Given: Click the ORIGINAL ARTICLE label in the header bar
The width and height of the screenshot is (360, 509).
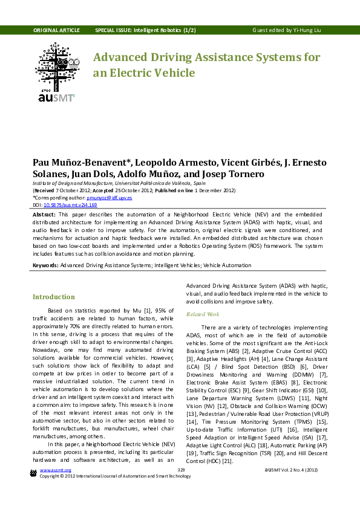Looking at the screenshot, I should point(56,30).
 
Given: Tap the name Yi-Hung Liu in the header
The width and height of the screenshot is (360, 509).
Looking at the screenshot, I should point(308,30).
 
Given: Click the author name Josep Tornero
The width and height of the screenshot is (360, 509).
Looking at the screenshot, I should point(232,174).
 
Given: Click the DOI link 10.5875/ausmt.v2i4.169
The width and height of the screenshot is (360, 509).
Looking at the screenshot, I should point(70,205).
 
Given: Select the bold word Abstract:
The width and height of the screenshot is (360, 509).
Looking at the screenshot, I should point(44,215).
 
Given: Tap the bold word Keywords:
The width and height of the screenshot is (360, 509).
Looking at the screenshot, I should point(45,265).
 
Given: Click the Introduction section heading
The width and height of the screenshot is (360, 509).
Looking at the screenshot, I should point(54,297).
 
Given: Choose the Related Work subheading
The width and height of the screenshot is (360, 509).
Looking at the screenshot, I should point(203,314).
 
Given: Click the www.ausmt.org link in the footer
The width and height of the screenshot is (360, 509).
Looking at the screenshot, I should point(55,470).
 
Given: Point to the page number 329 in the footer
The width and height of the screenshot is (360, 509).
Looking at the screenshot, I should point(180,470).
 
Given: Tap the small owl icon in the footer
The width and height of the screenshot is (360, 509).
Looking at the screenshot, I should point(33,472).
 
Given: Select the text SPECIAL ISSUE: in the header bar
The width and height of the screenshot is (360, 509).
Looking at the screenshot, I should point(113,30).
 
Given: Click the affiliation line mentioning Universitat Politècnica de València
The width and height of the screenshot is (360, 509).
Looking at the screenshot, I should point(119,183).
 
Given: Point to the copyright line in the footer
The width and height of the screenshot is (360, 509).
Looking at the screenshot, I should point(115,476).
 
